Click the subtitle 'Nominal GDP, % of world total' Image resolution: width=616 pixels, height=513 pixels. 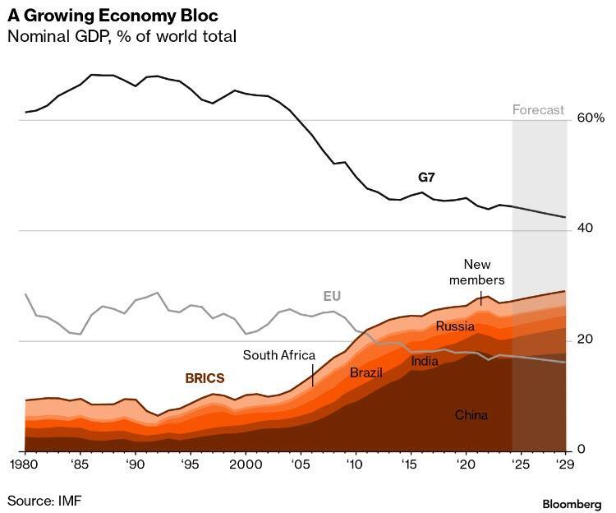[x=121, y=37]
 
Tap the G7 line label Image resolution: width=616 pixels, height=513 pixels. [x=427, y=177]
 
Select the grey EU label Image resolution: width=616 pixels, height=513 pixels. [x=331, y=296]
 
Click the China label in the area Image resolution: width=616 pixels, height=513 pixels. [x=471, y=415]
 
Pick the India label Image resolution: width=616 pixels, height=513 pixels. [x=425, y=360]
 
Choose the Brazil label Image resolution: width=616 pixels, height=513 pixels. [x=366, y=373]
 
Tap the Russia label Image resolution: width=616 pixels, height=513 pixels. [x=456, y=326]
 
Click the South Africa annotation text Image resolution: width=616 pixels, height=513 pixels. [x=279, y=355]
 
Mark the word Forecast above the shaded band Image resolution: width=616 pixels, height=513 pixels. [x=539, y=109]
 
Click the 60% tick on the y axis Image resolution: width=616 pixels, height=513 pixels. [x=591, y=118]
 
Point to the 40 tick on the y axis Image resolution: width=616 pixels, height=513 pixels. [x=582, y=229]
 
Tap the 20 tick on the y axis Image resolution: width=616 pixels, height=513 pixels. [x=582, y=340]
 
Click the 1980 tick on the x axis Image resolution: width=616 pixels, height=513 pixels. [x=25, y=464]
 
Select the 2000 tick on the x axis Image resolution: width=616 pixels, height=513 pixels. [x=246, y=464]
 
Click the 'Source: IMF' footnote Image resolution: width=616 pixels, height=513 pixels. [x=45, y=499]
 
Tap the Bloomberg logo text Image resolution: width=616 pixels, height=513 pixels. [x=572, y=502]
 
